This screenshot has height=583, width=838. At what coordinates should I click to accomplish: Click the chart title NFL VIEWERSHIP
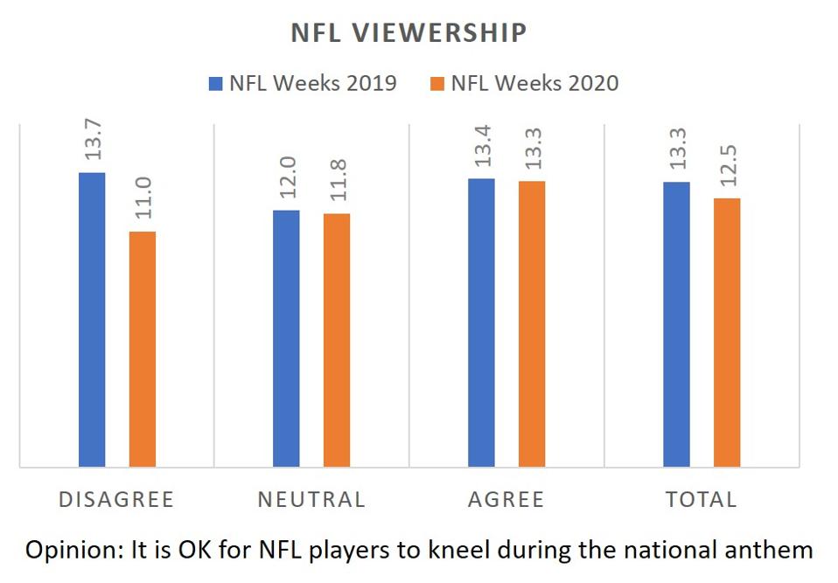[409, 33]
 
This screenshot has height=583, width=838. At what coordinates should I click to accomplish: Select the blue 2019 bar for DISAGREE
[92, 319]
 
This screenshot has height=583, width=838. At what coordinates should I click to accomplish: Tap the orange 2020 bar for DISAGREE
[143, 349]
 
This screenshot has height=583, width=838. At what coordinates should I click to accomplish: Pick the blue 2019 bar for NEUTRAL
[286, 338]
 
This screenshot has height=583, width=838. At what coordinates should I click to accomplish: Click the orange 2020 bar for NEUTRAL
[337, 340]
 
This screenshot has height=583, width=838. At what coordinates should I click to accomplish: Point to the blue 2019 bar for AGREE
[481, 323]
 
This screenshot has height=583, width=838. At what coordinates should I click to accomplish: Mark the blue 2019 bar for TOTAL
[676, 324]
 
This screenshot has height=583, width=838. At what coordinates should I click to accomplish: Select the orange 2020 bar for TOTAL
[727, 332]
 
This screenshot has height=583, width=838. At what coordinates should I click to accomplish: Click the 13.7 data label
[93, 138]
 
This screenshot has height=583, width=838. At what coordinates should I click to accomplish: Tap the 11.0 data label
[143, 197]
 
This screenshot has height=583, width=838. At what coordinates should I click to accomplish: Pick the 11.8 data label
[338, 179]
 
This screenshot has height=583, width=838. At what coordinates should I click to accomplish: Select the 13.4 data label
[482, 144]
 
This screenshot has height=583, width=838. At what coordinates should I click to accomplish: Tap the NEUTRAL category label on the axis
[311, 499]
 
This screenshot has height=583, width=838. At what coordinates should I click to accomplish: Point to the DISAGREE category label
[116, 499]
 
